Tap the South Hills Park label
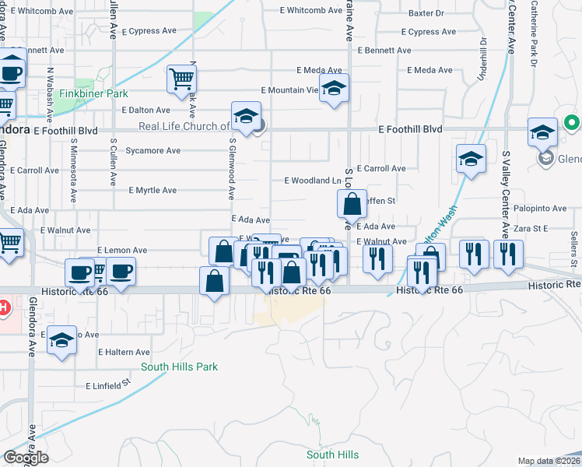pyautogui.click(x=179, y=367)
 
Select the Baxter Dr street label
pyautogui.click(x=426, y=13)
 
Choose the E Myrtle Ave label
pyautogui.click(x=153, y=190)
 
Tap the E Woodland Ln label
pyautogui.click(x=313, y=181)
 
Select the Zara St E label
pyautogui.click(x=531, y=229)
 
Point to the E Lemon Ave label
pyautogui.click(x=122, y=250)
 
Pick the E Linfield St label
pyautogui.click(x=107, y=384)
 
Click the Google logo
pyautogui.click(x=26, y=458)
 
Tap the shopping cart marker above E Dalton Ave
pyautogui.click(x=181, y=78)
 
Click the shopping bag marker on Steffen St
pyautogui.click(x=352, y=205)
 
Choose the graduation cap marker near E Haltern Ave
pyautogui.click(x=61, y=341)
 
